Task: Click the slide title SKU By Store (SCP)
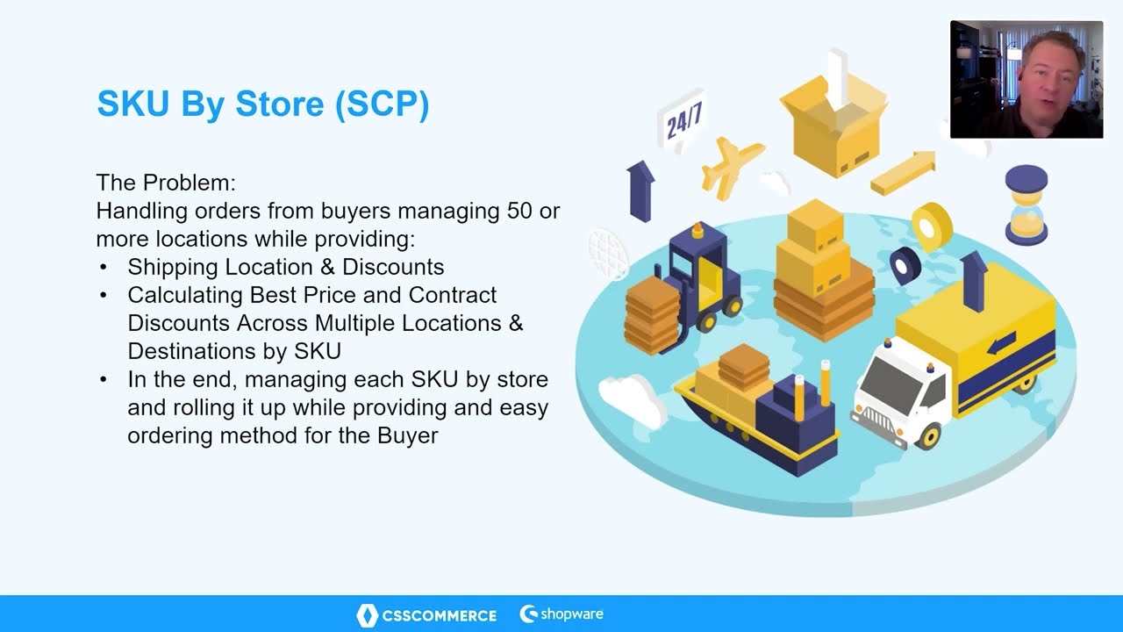(x=262, y=104)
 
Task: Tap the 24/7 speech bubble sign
(x=683, y=122)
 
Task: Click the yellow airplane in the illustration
(x=731, y=165)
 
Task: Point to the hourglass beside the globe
(x=1026, y=205)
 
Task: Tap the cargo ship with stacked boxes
(x=755, y=413)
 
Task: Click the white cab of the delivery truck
(x=899, y=391)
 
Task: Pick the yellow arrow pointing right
(x=904, y=172)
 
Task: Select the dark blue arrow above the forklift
(x=640, y=189)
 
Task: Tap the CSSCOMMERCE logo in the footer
(x=427, y=615)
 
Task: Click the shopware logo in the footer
(x=561, y=614)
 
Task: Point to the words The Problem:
(x=166, y=183)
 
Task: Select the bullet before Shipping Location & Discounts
(x=104, y=267)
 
